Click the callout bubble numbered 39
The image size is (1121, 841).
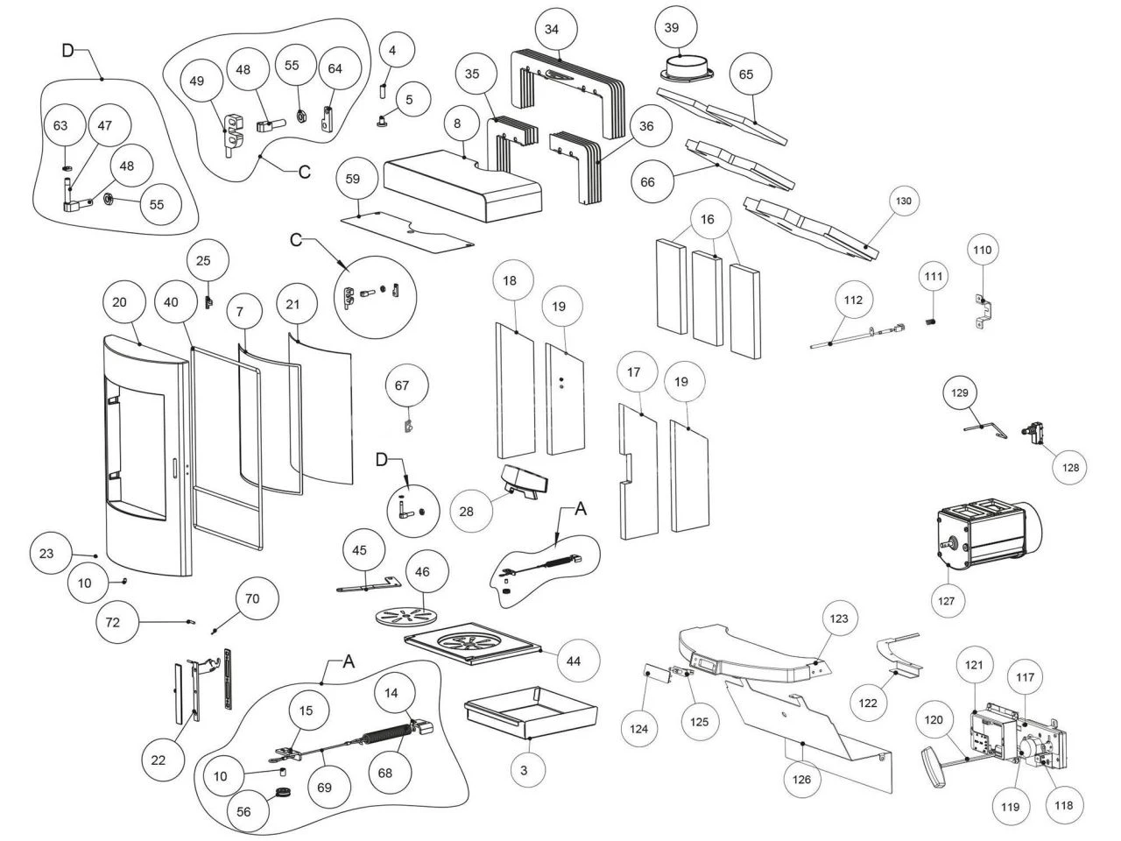672,28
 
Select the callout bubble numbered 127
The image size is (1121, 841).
949,601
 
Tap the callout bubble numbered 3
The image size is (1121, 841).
524,770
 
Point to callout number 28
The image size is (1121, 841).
466,512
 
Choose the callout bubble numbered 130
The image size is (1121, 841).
904,201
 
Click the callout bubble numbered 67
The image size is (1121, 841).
402,385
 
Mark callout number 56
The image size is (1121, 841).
243,812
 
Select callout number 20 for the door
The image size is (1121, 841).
121,302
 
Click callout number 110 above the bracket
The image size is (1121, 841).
983,250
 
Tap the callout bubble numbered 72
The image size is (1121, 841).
113,623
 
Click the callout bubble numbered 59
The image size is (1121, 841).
353,179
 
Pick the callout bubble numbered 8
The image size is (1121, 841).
457,124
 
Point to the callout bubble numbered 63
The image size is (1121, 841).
60,126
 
